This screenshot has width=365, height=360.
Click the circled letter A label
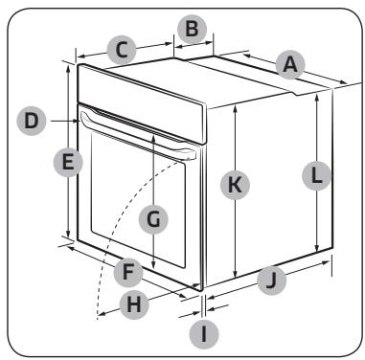click(290, 64)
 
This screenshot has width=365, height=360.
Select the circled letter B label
click(192, 30)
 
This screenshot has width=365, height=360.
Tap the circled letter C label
click(122, 51)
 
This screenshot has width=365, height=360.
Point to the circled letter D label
click(32, 122)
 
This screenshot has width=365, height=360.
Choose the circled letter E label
click(68, 163)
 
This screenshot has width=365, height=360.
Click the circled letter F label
click(128, 273)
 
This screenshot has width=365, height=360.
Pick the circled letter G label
click(153, 219)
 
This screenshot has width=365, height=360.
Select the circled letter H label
click(134, 304)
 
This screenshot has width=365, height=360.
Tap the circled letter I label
click(204, 335)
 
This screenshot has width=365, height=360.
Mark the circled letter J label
click(272, 281)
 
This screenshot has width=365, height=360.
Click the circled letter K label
click(235, 185)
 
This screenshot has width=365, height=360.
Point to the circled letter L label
click(316, 176)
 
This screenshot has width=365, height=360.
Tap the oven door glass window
click(138, 199)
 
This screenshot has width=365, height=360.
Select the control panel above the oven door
click(141, 102)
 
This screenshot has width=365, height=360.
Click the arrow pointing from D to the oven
click(63, 121)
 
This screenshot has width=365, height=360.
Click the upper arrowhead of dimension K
click(235, 108)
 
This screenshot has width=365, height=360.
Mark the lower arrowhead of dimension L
click(316, 248)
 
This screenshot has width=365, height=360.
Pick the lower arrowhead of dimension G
click(153, 264)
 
